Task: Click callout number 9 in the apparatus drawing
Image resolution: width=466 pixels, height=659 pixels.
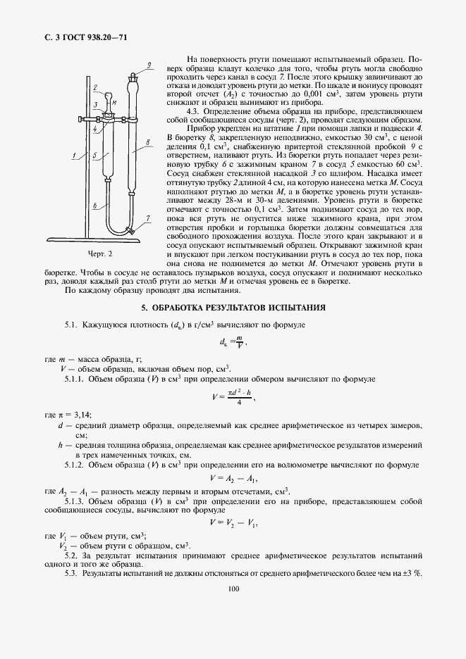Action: click(x=149, y=65)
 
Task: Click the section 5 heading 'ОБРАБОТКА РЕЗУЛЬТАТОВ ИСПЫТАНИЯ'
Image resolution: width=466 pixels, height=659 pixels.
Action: click(x=233, y=308)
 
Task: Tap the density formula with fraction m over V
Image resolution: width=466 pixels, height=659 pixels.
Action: click(x=232, y=343)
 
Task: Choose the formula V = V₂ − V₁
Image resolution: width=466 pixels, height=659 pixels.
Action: click(x=233, y=522)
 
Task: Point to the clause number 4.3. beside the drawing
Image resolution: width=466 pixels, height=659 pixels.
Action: click(x=194, y=111)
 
